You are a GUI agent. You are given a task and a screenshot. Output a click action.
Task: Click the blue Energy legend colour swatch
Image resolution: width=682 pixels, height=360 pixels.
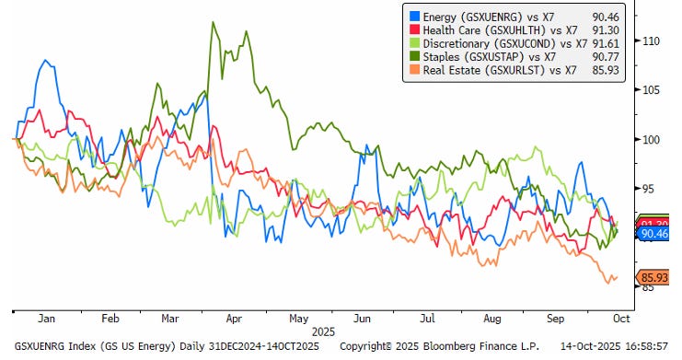[x=415, y=17]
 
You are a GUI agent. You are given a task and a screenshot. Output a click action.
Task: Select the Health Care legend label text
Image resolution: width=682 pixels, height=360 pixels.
[x=500, y=30]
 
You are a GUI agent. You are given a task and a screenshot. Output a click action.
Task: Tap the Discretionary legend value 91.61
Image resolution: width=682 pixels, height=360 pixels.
[x=606, y=43]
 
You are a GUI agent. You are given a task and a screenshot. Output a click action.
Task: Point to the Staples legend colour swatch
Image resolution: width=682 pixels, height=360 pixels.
[x=415, y=56]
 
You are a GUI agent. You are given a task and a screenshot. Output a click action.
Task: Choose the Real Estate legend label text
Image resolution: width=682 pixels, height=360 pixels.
[x=500, y=70]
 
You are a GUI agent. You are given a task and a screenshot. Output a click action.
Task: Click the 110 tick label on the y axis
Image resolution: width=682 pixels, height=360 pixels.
[x=651, y=41]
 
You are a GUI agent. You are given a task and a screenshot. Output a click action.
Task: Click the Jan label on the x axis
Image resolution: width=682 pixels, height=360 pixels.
[x=46, y=319]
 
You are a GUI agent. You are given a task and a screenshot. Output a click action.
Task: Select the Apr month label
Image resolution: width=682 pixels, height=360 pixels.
[x=234, y=319]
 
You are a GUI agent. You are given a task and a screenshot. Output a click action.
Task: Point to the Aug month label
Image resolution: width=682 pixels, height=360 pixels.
[x=491, y=319]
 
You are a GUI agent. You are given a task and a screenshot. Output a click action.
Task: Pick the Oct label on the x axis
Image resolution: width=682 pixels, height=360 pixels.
[x=621, y=319]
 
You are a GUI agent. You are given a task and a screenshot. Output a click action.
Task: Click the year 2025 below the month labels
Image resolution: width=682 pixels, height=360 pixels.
[x=323, y=332]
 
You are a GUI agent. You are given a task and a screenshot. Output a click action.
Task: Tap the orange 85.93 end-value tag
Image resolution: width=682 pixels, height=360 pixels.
[x=653, y=277]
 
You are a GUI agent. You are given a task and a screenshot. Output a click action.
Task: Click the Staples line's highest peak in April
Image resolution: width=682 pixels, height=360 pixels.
[x=214, y=22]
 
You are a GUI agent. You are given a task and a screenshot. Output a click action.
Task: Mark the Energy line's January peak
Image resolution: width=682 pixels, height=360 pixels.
[x=45, y=60]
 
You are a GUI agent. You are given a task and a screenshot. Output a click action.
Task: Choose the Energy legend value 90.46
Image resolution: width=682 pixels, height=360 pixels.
[x=606, y=17]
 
